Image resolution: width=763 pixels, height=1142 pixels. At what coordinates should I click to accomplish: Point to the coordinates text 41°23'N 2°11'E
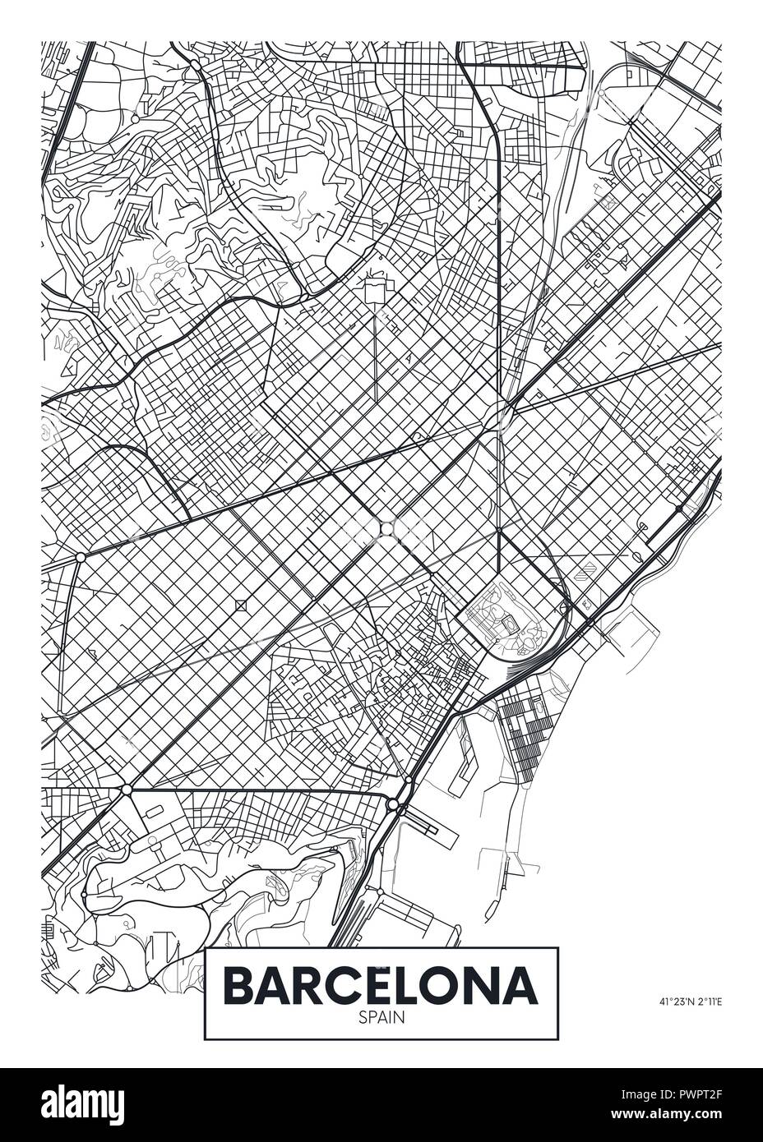pos(689,1001)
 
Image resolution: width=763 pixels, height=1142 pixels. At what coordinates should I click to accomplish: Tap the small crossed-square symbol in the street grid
pos(241,606)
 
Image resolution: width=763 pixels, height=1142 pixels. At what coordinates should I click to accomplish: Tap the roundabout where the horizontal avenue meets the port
pos(394,803)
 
